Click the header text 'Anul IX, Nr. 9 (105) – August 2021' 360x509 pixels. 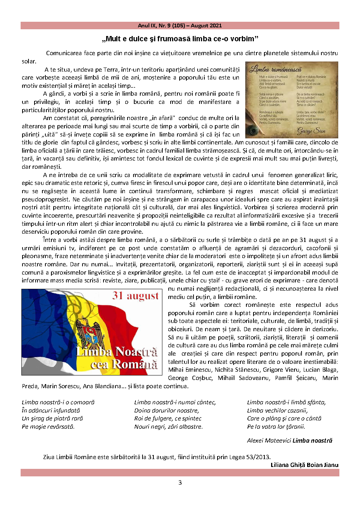[180, 26]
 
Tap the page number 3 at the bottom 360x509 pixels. [180, 482]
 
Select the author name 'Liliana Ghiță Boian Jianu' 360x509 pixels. [304, 465]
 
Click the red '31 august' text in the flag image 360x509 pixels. [135, 296]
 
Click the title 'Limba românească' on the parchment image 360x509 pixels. [276, 69]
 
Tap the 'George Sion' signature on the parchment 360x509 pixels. [311, 131]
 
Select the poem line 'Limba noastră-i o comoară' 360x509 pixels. [58, 402]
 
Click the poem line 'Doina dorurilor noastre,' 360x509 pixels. [166, 411]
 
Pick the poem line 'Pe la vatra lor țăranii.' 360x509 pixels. [276, 427]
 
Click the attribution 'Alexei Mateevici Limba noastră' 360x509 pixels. [289, 441]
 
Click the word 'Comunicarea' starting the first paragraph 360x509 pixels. [64, 53]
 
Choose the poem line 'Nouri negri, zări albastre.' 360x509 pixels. [168, 427]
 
